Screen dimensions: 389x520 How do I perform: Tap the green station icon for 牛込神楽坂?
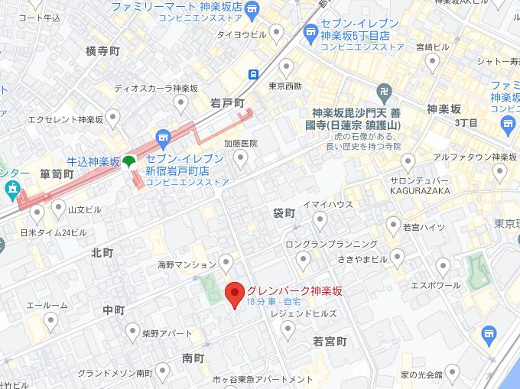(129, 161)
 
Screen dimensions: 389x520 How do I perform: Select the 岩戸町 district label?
(227, 102)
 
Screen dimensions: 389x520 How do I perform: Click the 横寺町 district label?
(102, 51)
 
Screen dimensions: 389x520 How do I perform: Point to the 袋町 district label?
(284, 213)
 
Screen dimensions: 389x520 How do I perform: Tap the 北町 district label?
(102, 252)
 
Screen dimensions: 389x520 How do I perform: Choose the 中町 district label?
(113, 310)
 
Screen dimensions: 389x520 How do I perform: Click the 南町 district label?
(193, 358)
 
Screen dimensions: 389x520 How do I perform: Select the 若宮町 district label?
(330, 341)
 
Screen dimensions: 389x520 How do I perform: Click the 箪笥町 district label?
(57, 174)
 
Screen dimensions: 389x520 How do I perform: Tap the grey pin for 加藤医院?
(241, 159)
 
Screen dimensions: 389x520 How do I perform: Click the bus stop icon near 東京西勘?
(252, 73)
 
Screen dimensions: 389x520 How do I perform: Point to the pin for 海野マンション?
(225, 264)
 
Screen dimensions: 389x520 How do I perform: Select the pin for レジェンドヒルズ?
(288, 329)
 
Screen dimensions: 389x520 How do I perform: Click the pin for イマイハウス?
(320, 220)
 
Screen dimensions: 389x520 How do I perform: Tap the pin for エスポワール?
(442, 267)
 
